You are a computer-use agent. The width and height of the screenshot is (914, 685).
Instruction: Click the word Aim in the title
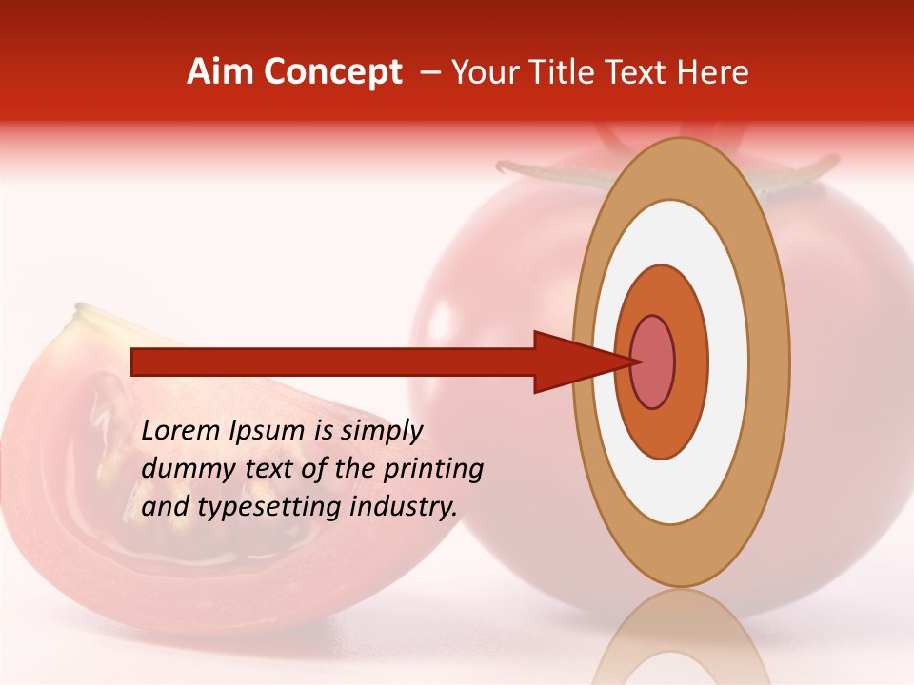point(220,72)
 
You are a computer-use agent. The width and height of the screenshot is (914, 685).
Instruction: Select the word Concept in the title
point(332,73)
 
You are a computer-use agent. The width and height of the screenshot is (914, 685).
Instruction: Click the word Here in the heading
point(713,72)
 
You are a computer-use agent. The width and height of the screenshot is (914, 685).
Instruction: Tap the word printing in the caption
point(433,469)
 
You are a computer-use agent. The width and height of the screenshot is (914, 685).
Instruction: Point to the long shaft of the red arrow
point(333,362)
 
